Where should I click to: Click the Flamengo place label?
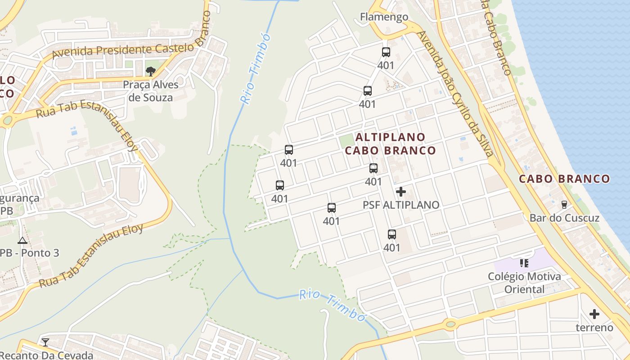[384, 17]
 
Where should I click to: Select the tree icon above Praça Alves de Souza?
[151, 71]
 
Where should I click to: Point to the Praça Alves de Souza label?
[151, 91]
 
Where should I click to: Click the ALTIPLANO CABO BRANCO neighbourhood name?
[391, 144]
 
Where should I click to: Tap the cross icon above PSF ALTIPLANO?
[400, 192]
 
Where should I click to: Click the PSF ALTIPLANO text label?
[401, 205]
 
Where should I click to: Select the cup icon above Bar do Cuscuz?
[564, 205]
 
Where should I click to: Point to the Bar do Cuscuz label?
[564, 218]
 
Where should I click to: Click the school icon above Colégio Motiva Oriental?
[524, 262]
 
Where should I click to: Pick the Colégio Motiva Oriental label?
[524, 283]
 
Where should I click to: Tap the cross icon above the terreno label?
[594, 314]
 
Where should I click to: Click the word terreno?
[594, 328]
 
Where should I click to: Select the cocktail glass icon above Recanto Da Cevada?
[45, 342]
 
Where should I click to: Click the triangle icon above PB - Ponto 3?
[22, 240]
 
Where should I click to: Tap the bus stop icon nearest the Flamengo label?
[386, 52]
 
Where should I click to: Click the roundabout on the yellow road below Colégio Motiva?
[450, 324]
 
